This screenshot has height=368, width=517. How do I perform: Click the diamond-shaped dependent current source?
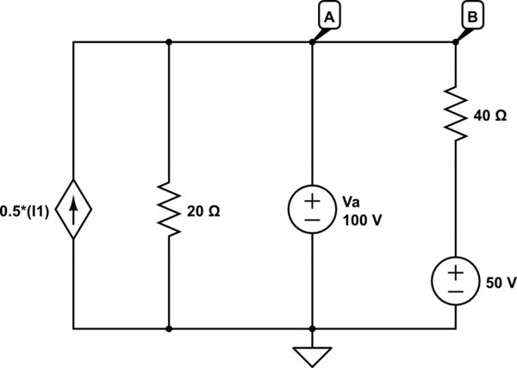(x=74, y=210)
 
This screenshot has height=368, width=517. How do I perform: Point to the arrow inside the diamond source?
(x=74, y=210)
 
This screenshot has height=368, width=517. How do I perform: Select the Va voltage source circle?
(x=312, y=210)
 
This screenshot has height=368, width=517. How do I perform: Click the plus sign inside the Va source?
(x=312, y=202)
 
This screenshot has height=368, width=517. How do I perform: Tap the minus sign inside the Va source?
(x=312, y=221)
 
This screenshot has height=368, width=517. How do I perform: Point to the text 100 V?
(x=362, y=220)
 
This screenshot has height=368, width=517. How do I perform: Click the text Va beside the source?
(x=351, y=202)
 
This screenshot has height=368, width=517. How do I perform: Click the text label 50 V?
(x=501, y=282)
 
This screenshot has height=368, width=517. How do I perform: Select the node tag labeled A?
(x=328, y=14)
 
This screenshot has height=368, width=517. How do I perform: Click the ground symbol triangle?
(x=312, y=355)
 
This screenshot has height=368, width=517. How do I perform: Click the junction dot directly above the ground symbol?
(x=312, y=328)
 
